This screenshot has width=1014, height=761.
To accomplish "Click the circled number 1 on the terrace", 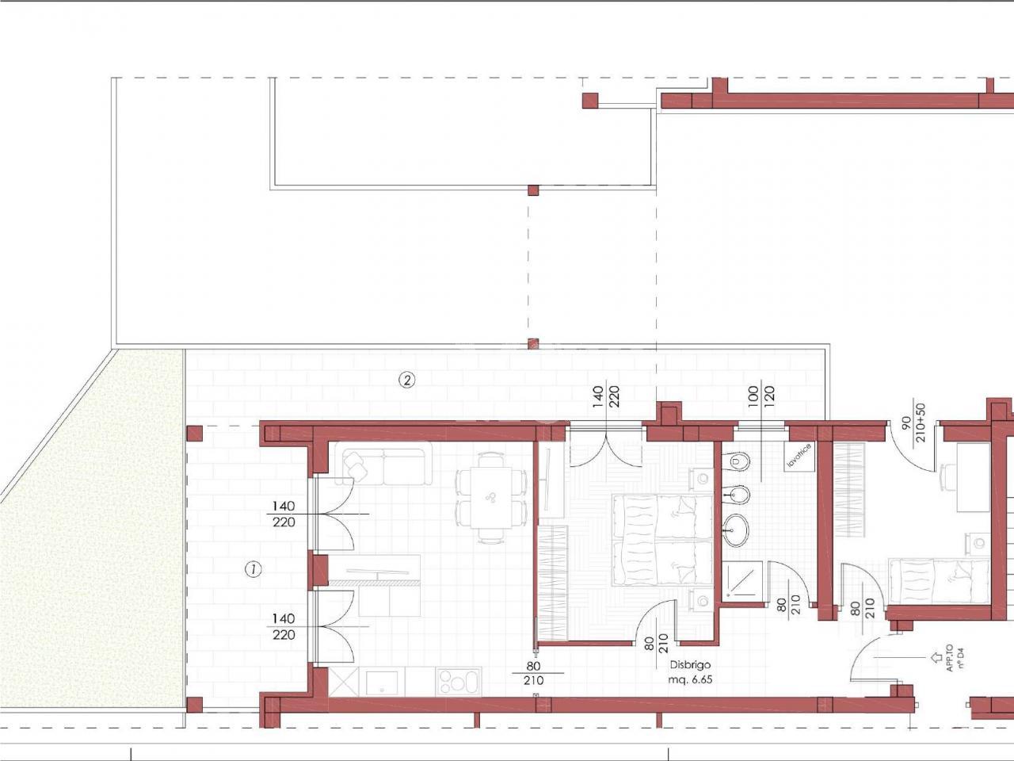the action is click(x=253, y=569).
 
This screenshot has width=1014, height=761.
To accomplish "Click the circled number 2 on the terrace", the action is click(x=406, y=380).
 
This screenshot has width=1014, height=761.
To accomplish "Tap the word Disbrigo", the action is click(x=690, y=665).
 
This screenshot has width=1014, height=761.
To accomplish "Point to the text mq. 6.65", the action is click(x=690, y=679).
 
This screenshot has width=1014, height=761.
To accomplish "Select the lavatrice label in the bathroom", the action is click(x=799, y=456).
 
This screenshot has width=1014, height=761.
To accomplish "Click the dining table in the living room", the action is click(x=490, y=498).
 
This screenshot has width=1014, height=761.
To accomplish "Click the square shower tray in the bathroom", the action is click(x=742, y=582).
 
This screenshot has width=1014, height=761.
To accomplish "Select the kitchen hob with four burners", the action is click(x=459, y=682).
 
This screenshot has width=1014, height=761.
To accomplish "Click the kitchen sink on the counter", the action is click(x=382, y=683).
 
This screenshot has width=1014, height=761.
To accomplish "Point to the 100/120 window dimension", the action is click(x=761, y=397).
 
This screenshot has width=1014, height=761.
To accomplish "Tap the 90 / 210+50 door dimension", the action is click(x=913, y=423).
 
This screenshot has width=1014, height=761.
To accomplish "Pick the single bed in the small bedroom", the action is click(x=940, y=582).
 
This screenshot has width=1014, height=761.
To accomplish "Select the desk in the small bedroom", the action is click(x=973, y=477).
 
